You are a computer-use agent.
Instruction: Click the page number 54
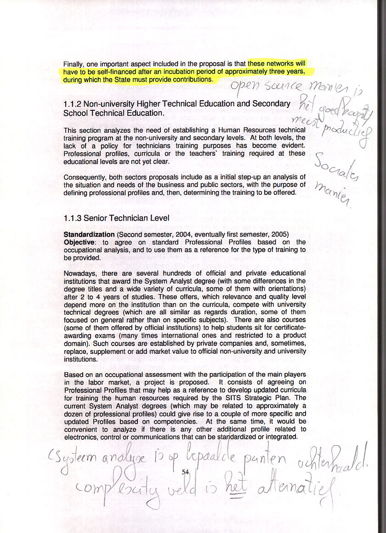point(186,471)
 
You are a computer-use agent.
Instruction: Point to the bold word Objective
point(79,242)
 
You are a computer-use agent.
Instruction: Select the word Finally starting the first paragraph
point(74,64)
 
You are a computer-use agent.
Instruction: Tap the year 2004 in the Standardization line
point(187,234)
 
